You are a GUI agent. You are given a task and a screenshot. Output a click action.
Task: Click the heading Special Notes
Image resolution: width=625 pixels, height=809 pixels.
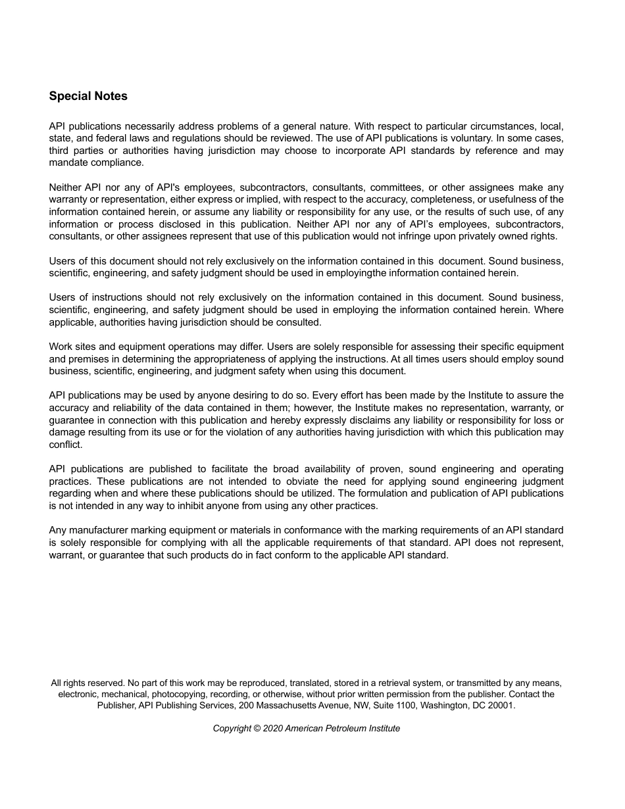[x=88, y=96]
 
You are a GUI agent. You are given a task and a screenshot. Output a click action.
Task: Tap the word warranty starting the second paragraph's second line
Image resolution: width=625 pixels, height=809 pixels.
[x=68, y=199]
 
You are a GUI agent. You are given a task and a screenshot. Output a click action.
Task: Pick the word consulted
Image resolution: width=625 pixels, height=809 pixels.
[x=299, y=322]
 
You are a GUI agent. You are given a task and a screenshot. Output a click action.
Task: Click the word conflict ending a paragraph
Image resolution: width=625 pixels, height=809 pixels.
[x=65, y=445]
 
